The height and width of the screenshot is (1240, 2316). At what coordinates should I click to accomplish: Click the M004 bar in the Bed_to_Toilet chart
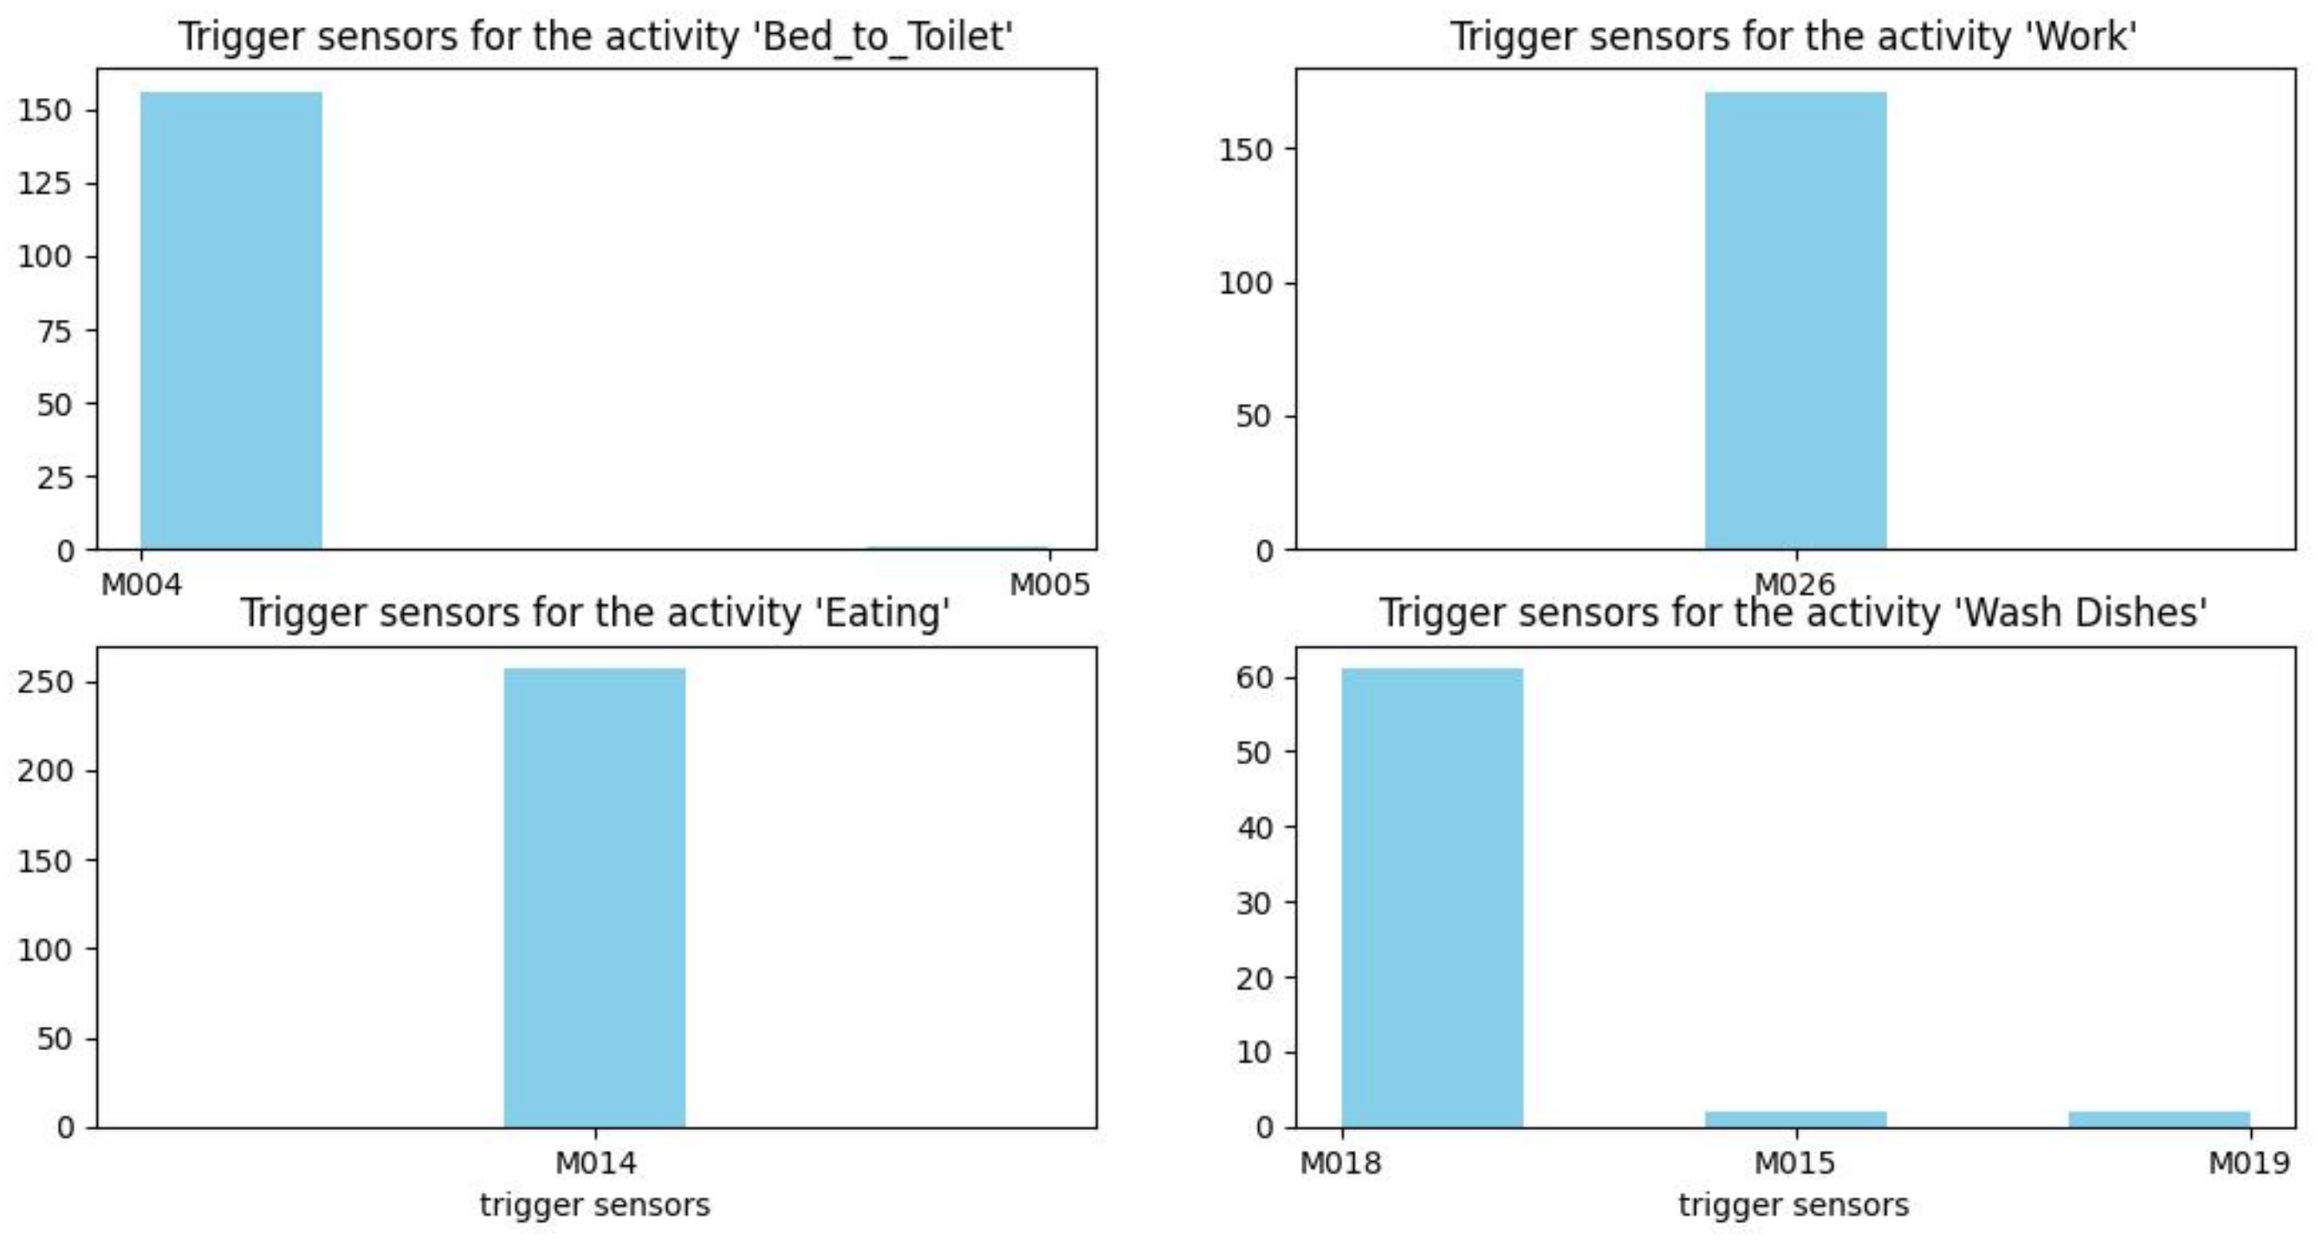pyautogui.click(x=231, y=320)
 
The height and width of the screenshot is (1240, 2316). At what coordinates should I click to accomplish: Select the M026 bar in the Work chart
pyautogui.click(x=1795, y=320)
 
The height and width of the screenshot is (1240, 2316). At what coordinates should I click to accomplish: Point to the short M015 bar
pyautogui.click(x=1795, y=1119)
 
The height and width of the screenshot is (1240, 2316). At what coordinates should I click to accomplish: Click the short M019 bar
pyautogui.click(x=2158, y=1119)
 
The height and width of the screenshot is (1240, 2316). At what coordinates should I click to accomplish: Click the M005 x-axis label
pyautogui.click(x=1049, y=586)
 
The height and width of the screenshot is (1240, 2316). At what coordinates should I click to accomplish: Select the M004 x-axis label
pyautogui.click(x=141, y=586)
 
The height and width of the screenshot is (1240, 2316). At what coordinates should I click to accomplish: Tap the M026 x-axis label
pyautogui.click(x=1794, y=586)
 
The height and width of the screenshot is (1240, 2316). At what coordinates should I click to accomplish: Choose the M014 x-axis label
pyautogui.click(x=595, y=1163)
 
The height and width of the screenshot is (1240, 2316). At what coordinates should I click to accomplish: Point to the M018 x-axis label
pyautogui.click(x=1340, y=1163)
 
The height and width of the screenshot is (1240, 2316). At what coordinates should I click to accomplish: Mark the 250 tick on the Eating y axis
pyautogui.click(x=45, y=682)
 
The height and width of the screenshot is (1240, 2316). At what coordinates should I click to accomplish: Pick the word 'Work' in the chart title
pyautogui.click(x=2098, y=38)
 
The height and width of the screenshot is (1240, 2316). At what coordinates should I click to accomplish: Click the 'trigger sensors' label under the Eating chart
pyautogui.click(x=594, y=1205)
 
